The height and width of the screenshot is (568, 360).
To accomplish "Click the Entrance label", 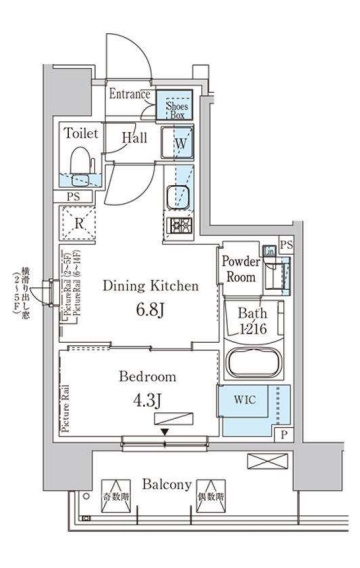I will tap(130, 95).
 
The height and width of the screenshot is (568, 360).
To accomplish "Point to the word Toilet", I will tap(80, 132).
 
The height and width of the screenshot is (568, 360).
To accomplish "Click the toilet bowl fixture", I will tap(79, 163).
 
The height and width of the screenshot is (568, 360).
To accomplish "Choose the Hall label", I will tap(135, 139).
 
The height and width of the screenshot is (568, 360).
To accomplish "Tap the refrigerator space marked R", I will tap(77, 223).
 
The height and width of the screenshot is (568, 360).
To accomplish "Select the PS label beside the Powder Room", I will tap(287, 244).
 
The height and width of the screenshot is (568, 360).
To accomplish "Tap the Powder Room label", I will tap(240, 269).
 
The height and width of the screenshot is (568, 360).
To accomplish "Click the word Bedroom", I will tap(147, 377).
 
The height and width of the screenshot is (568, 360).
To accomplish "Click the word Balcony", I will tap(165, 484).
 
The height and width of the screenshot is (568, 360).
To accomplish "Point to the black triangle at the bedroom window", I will tap(161, 433).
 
